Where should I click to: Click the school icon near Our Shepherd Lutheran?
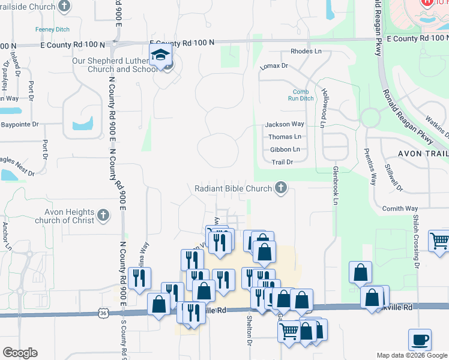pos(160,55)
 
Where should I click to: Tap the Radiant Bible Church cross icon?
pos(280,188)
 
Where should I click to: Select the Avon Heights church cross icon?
pos(103,215)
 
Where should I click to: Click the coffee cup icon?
pos(420,339)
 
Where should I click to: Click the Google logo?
pos(20,353)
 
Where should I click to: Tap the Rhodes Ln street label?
pos(306,52)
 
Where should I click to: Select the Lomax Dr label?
pos(274,65)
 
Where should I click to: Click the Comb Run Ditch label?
pos(301,95)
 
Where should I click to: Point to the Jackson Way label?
pos(285,124)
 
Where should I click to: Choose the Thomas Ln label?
pos(285,137)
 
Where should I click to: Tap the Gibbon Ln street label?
pos(285,149)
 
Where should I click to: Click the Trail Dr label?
pos(282,162)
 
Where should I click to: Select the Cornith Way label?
pos(400,209)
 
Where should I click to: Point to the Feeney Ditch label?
pos(53,29)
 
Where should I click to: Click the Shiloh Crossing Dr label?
pos(415,240)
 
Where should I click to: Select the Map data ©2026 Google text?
pos(412,355)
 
